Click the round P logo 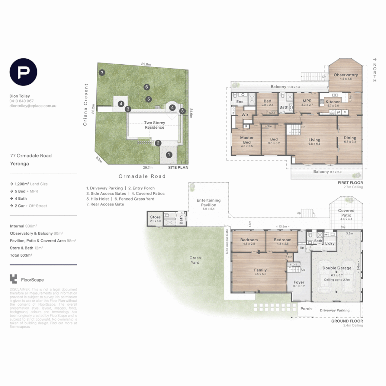pyautogui.click(x=23, y=72)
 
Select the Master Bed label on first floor pyautogui.click(x=247, y=140)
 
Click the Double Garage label pyautogui.click(x=337, y=268)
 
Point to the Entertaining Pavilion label pyautogui.click(x=208, y=203)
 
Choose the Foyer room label pyautogui.click(x=299, y=282)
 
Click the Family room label pyautogui.click(x=260, y=270)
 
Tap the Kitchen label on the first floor pyautogui.click(x=333, y=102)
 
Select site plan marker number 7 pyautogui.click(x=102, y=73)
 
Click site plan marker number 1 pyautogui.click(x=169, y=155)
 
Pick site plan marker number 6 pyautogui.click(x=146, y=87)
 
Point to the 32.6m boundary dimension pyautogui.click(x=146, y=64)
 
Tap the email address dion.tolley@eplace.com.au pyautogui.click(x=33, y=106)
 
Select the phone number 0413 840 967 pyautogui.click(x=22, y=101)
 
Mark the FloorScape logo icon pyautogui.click(x=14, y=279)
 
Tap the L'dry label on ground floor pyautogui.click(x=330, y=243)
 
